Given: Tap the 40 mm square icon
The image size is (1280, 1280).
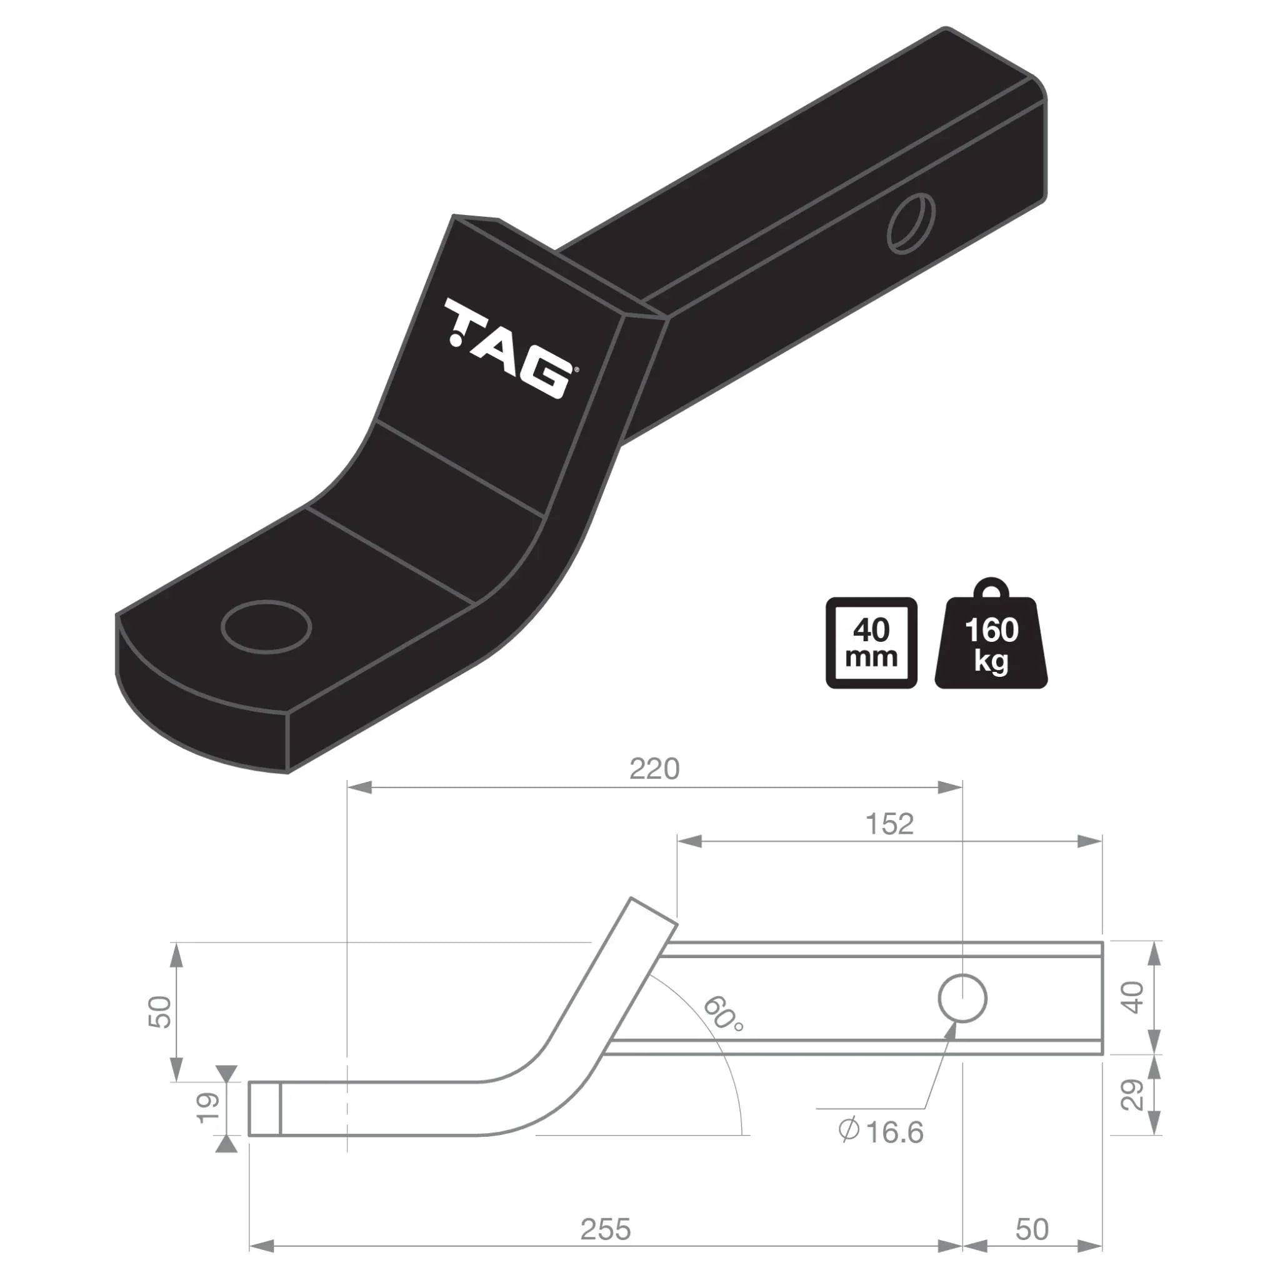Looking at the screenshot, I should pyautogui.click(x=871, y=643).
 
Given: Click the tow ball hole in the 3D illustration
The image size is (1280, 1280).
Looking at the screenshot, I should pyautogui.click(x=266, y=626).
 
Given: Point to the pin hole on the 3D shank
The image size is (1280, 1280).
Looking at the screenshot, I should pyautogui.click(x=911, y=222).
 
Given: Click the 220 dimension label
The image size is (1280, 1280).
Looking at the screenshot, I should pyautogui.click(x=654, y=769).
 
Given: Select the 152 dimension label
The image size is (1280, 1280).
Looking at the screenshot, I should pyautogui.click(x=889, y=824).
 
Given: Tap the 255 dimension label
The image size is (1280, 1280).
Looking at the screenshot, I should pyautogui.click(x=606, y=1229).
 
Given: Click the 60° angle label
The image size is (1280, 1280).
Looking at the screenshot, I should pyautogui.click(x=722, y=1014).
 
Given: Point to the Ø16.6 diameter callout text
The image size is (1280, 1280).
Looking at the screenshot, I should pyautogui.click(x=881, y=1132).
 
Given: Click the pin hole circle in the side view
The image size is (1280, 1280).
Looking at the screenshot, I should pyautogui.click(x=962, y=998).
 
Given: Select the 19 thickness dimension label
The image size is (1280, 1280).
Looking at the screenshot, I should pyautogui.click(x=208, y=1107).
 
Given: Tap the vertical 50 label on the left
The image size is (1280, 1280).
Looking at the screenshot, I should pyautogui.click(x=161, y=1012).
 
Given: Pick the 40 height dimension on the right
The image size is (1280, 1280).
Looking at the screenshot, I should pyautogui.click(x=1134, y=997).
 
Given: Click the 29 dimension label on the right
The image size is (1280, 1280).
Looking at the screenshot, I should pyautogui.click(x=1134, y=1094).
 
